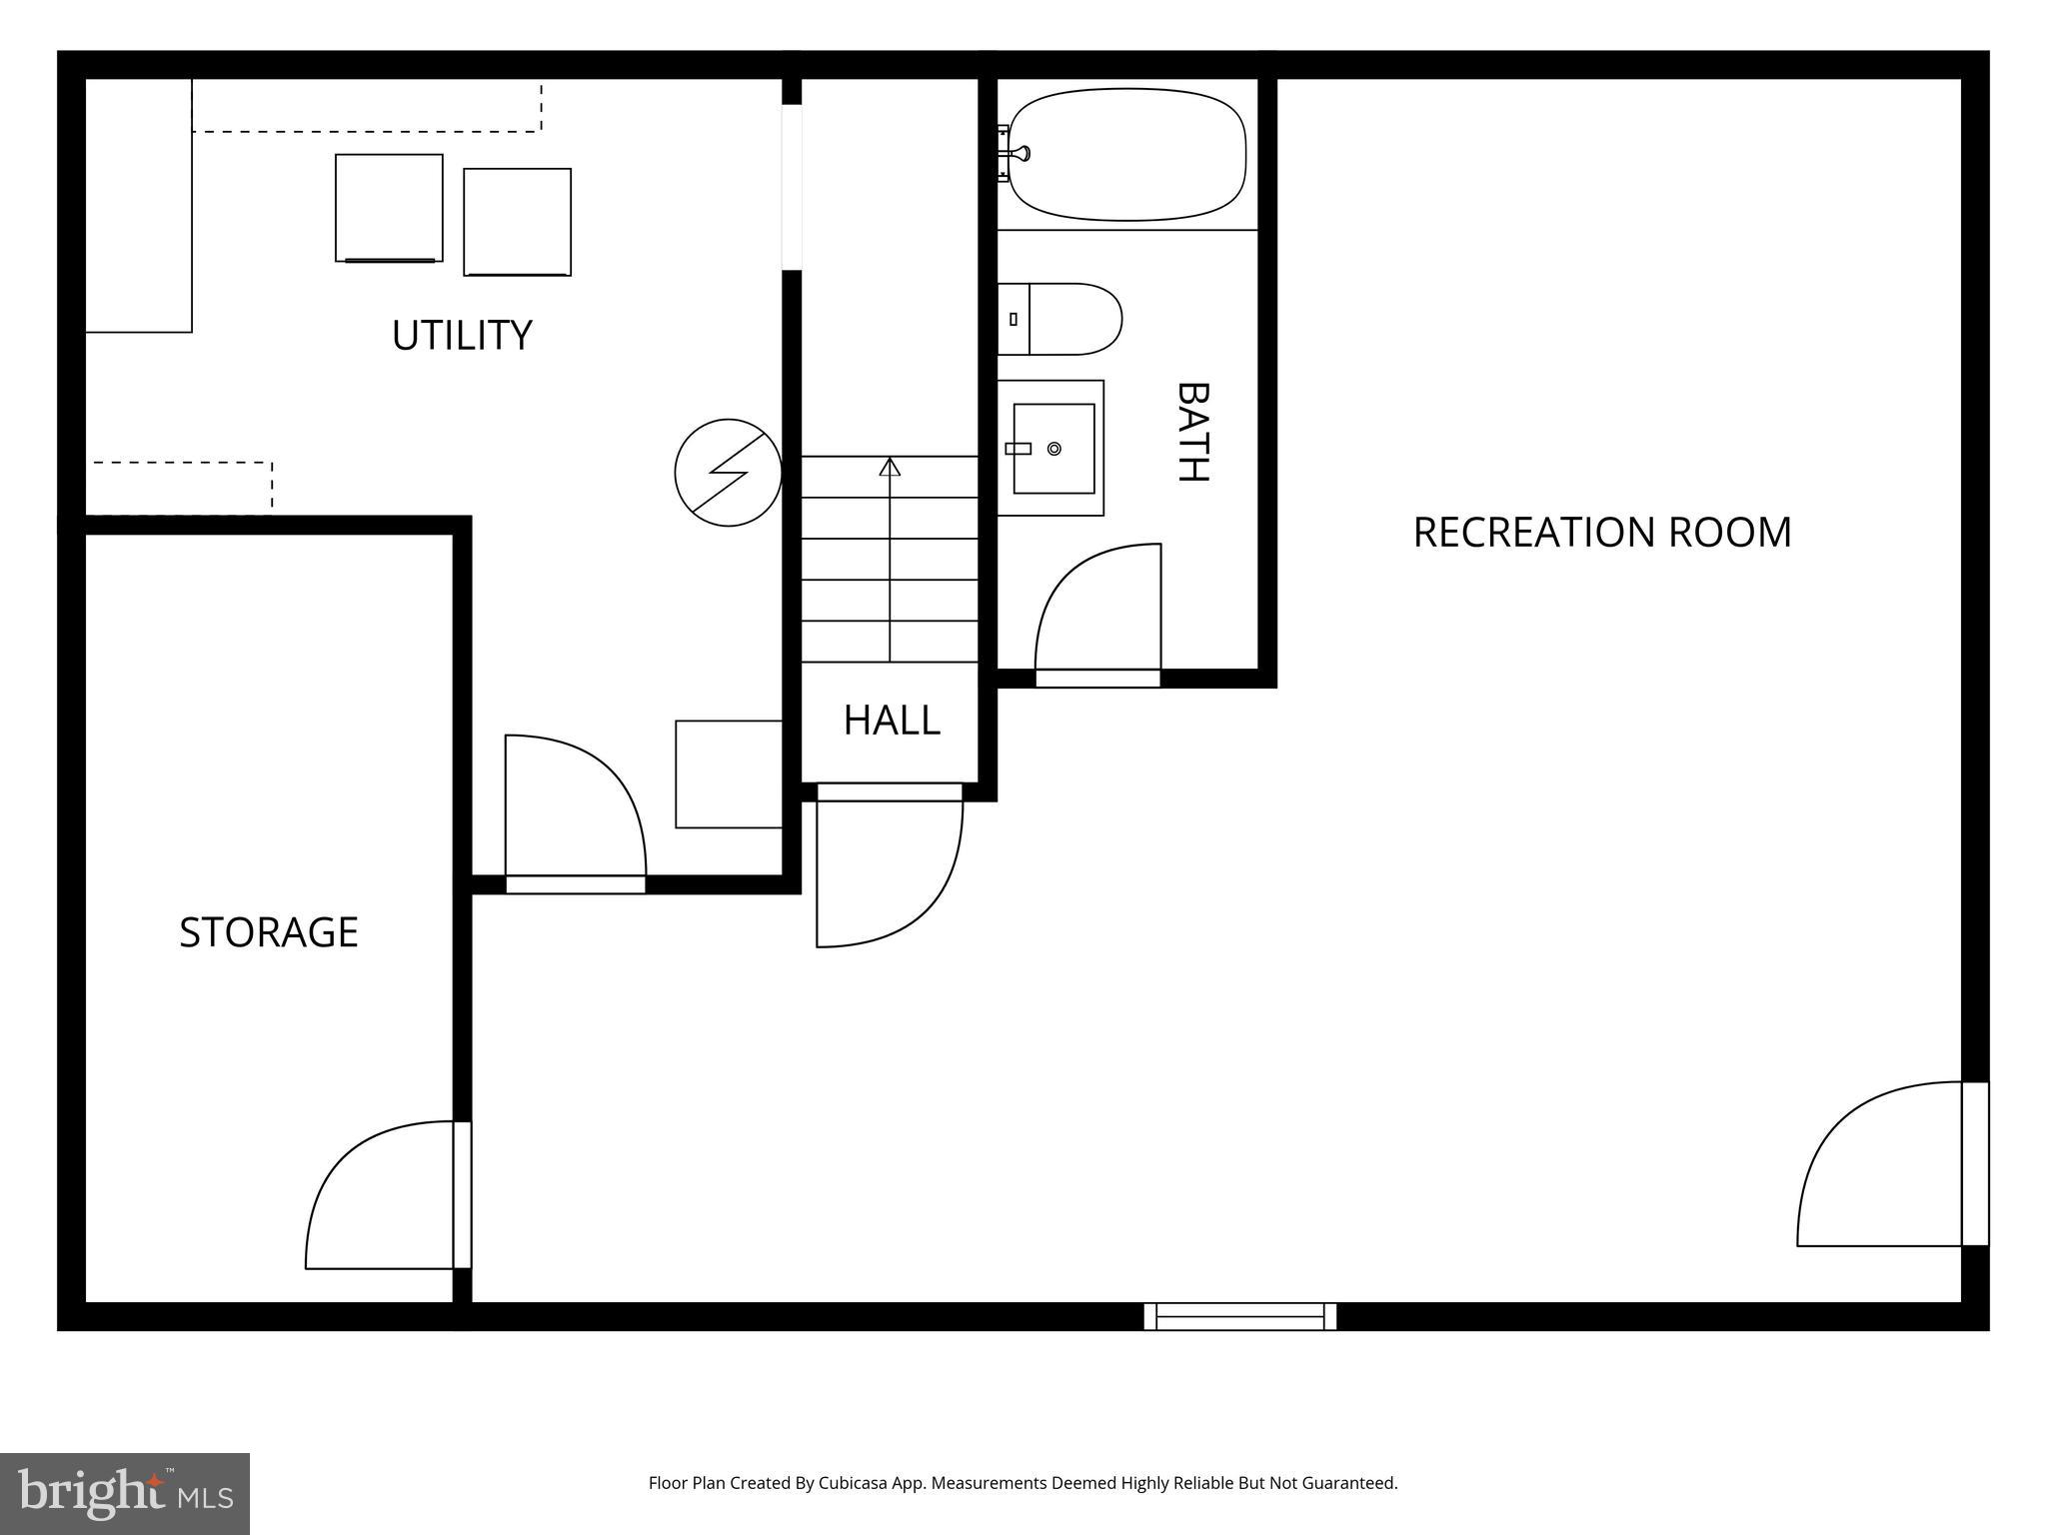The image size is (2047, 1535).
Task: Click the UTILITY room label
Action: coord(461,335)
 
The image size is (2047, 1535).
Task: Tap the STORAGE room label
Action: coord(268,931)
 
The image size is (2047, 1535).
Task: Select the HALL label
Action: coord(892,721)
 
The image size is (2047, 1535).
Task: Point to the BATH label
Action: coord(1191,432)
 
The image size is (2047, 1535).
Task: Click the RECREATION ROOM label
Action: coord(1601,532)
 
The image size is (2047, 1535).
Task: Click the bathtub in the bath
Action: coord(1127,154)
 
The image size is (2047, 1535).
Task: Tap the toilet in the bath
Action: coord(1061,319)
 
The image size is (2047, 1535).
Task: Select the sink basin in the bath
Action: coord(1053,449)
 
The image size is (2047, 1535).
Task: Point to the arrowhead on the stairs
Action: coord(890,467)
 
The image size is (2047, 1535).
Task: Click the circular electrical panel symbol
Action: coord(728,473)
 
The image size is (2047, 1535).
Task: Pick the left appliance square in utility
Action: coord(389,208)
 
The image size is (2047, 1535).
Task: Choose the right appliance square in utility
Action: coord(517,222)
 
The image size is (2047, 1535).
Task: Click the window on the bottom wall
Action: coord(1239,1316)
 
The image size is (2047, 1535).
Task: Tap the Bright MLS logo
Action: coord(125,1493)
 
